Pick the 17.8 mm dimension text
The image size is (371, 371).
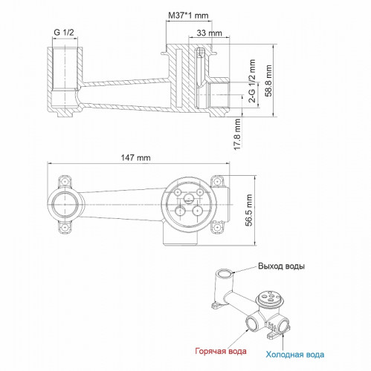238,134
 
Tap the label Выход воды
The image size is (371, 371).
282,266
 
